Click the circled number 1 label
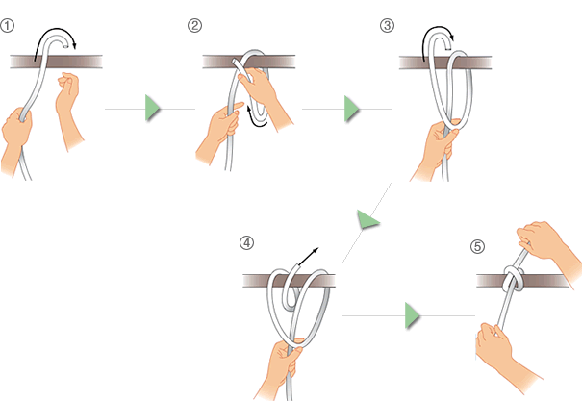click(7, 26)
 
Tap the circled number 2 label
click(195, 26)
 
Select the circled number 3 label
click(387, 26)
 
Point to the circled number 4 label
click(247, 243)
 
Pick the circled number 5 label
click(478, 247)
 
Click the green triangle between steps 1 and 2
click(152, 109)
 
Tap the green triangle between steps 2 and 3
click(351, 109)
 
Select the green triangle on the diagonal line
click(367, 219)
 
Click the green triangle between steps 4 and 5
click(413, 315)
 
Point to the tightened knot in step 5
click(514, 278)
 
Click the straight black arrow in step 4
click(309, 257)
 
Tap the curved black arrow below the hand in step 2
click(256, 117)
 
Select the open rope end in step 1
click(65, 47)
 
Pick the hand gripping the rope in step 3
click(434, 150)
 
